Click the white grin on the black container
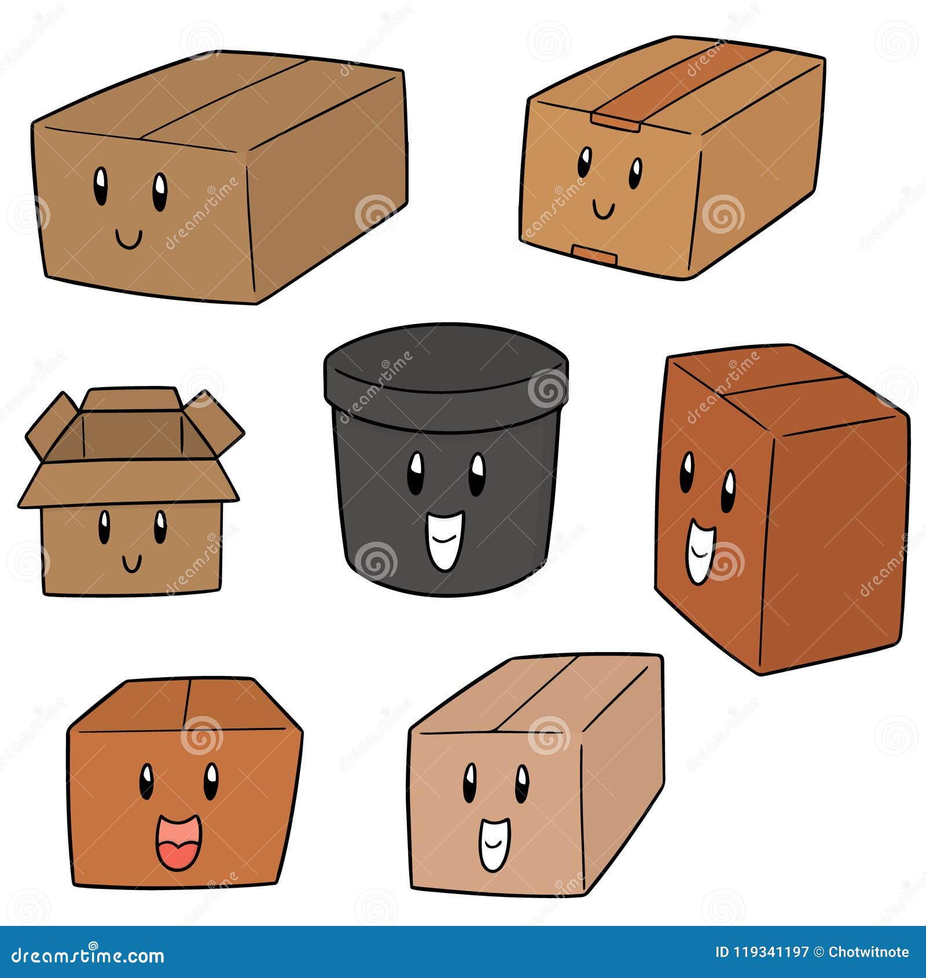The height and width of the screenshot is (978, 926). tap(445, 540)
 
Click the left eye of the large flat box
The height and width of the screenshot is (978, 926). tap(101, 186)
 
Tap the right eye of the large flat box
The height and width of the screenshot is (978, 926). tap(160, 192)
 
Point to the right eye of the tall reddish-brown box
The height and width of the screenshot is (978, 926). tap(729, 491)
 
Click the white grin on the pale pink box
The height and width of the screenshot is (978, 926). tap(494, 844)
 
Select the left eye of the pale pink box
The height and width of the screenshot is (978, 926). tap(470, 782)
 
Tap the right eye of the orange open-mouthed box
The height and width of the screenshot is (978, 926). tap(211, 781)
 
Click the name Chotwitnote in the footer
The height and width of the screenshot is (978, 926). tap(868, 952)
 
